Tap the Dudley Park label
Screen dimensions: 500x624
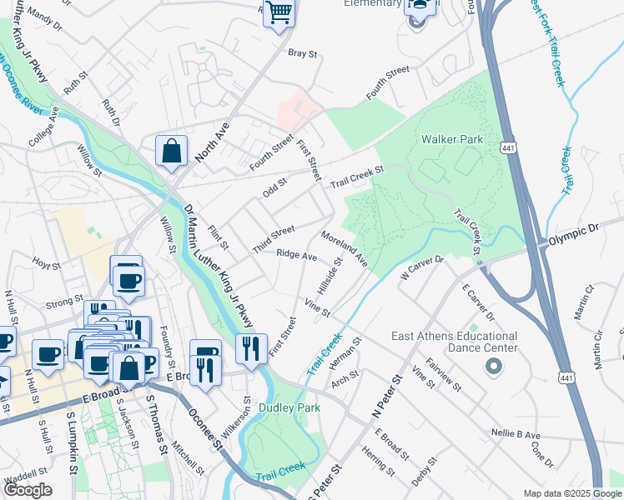tap(289, 408)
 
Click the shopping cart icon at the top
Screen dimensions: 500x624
tap(279, 13)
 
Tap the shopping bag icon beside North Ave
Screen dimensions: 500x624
tap(171, 152)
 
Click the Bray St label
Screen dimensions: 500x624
tap(303, 53)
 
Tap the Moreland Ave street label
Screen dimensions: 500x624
tap(344, 249)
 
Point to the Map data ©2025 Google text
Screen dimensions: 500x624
tap(573, 493)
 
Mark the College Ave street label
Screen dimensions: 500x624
tap(43, 126)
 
